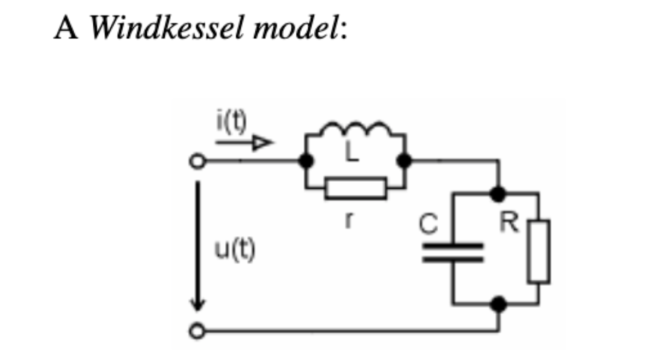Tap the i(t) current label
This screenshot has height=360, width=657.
[x=230, y=124]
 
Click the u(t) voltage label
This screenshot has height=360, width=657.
[x=234, y=251]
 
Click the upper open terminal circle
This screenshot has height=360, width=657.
[x=198, y=161]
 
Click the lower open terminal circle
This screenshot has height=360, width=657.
[x=198, y=331]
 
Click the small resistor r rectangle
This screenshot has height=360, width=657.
[x=356, y=188]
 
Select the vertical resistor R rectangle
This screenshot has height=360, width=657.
[x=539, y=251]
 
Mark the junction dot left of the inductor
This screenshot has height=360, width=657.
[x=307, y=161]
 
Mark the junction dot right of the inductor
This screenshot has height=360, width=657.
[x=404, y=161]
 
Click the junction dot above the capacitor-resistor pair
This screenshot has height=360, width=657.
[x=498, y=193]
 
